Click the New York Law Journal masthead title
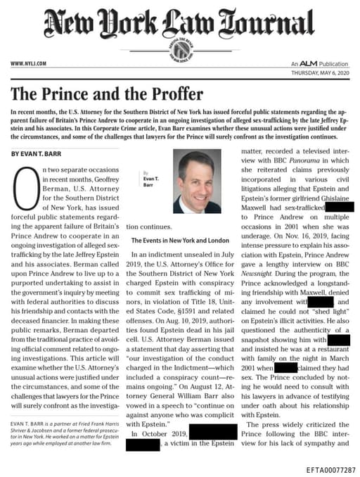pos(180,26)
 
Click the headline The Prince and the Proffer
pos(107,94)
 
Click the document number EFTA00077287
pos(331,469)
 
